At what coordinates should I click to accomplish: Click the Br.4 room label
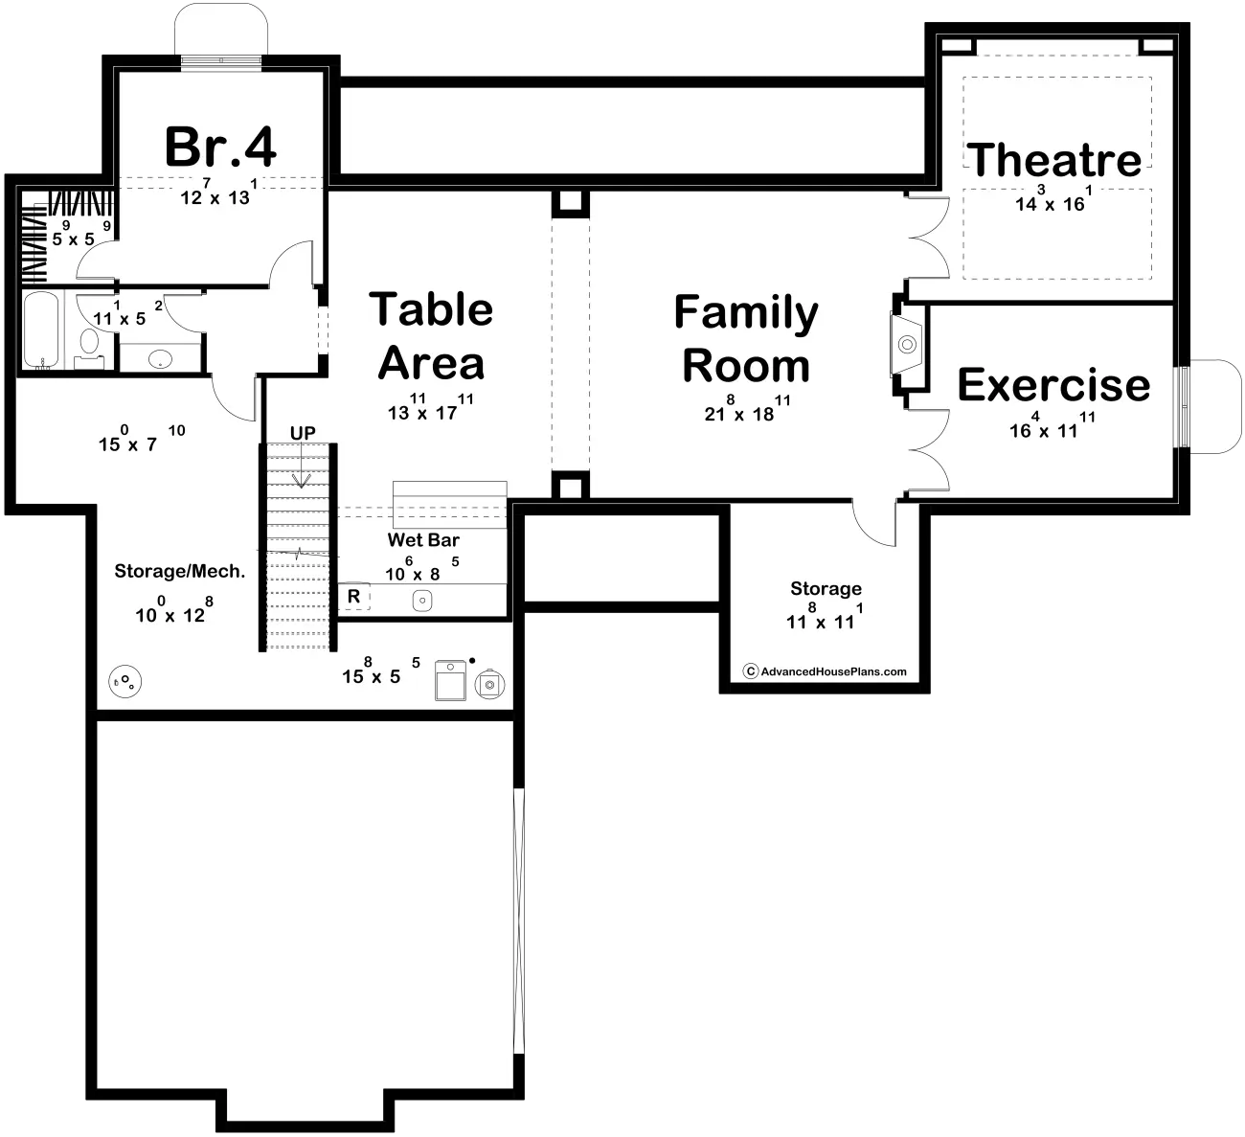click(x=220, y=148)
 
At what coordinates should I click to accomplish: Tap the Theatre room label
click(x=1053, y=160)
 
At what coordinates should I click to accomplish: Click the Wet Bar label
click(x=423, y=539)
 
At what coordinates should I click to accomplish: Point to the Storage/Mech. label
click(x=179, y=571)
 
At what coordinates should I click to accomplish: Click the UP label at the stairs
click(x=303, y=433)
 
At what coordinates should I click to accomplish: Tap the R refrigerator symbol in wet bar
click(x=353, y=597)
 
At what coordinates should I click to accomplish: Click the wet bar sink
click(x=422, y=601)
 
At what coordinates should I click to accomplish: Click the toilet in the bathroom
click(x=89, y=349)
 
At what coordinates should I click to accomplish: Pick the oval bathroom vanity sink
click(x=161, y=358)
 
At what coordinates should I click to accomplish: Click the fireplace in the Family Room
click(x=906, y=344)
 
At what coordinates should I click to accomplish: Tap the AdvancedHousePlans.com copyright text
click(x=825, y=671)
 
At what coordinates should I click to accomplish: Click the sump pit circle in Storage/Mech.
click(x=124, y=681)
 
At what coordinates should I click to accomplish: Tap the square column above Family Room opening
click(x=571, y=204)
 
